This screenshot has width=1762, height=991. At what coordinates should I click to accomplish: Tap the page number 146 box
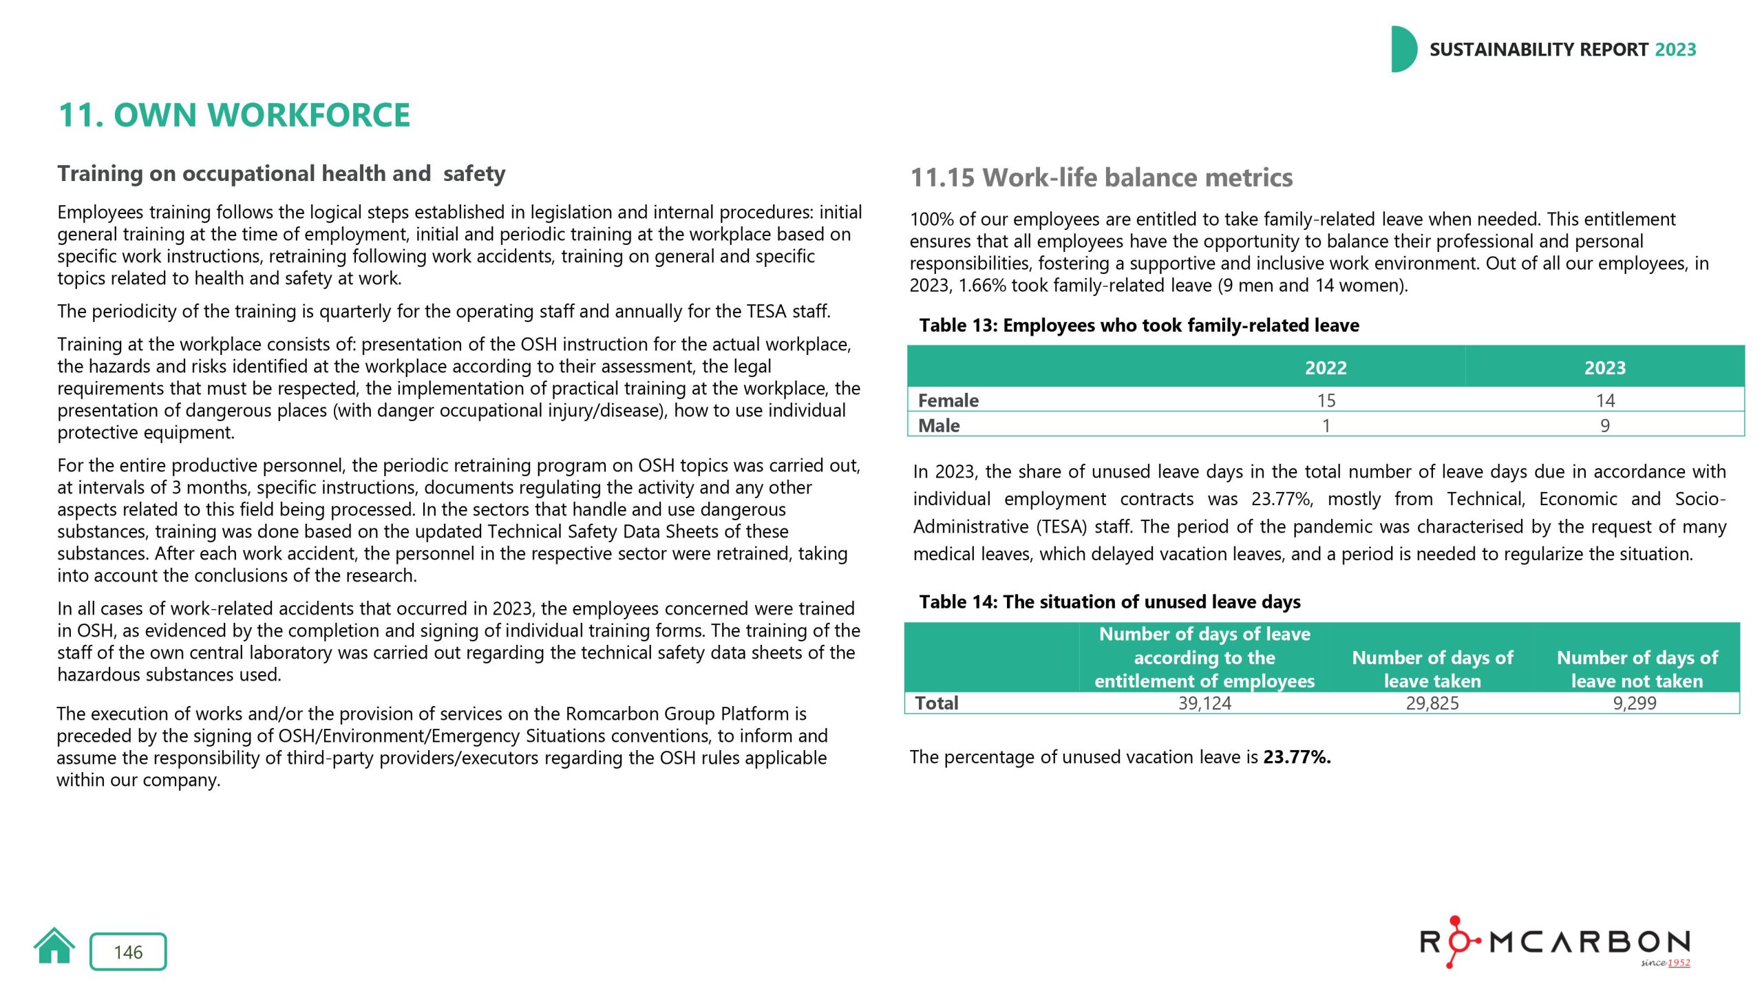128,952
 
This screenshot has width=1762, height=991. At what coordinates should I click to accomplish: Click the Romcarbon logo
1555,942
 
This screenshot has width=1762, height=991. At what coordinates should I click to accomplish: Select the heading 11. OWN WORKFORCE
234,115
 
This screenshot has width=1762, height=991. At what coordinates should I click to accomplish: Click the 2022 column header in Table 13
1326,367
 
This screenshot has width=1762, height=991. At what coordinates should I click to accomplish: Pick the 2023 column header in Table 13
1604,367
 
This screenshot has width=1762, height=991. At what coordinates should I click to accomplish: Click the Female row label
948,401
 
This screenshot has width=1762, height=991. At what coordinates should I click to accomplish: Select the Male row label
939,425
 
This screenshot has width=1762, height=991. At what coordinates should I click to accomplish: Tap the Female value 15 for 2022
1326,401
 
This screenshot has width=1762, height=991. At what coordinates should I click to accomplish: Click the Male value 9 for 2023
1604,425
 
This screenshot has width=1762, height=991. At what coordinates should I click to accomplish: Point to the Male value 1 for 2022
1326,425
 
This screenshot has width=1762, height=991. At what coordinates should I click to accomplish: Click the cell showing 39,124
1204,703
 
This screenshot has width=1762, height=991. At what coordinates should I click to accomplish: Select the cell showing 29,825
1432,703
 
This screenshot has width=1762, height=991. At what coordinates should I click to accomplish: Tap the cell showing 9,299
1635,703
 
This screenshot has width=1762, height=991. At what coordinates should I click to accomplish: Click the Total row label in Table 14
937,703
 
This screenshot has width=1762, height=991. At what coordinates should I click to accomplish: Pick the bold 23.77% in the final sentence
1297,757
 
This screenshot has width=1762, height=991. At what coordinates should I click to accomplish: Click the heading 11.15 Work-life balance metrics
1101,178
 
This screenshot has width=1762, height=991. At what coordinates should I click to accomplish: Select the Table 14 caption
1110,602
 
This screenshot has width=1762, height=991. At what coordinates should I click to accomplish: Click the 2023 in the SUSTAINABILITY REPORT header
1675,50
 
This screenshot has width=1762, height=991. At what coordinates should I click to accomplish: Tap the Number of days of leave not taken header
1637,669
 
